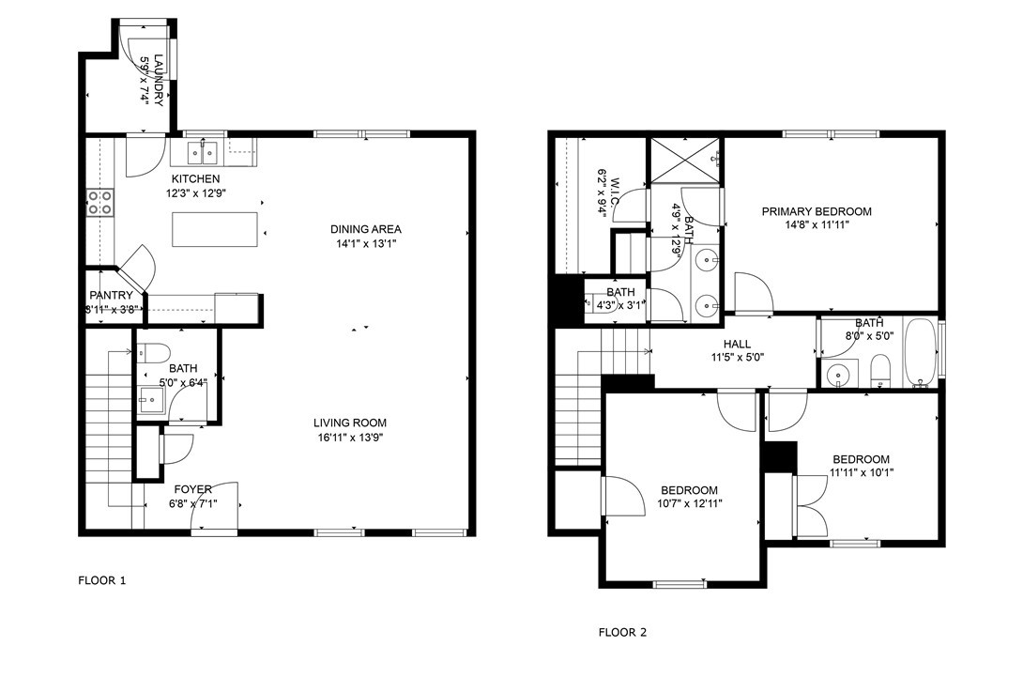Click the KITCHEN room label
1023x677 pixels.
[x=195, y=178]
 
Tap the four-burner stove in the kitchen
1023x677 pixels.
[x=100, y=202]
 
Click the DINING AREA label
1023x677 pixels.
[x=366, y=229]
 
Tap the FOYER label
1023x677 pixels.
[x=192, y=489]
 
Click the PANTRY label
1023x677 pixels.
[x=111, y=296]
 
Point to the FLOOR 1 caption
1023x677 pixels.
[x=101, y=581]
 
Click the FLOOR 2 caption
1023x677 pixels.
[x=623, y=632]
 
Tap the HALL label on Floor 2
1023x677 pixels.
[x=735, y=344]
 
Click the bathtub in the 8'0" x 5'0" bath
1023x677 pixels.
[x=920, y=353]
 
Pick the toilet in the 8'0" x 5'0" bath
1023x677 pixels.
[x=880, y=370]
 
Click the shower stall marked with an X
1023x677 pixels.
[x=685, y=160]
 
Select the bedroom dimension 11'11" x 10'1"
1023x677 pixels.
[x=861, y=473]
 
